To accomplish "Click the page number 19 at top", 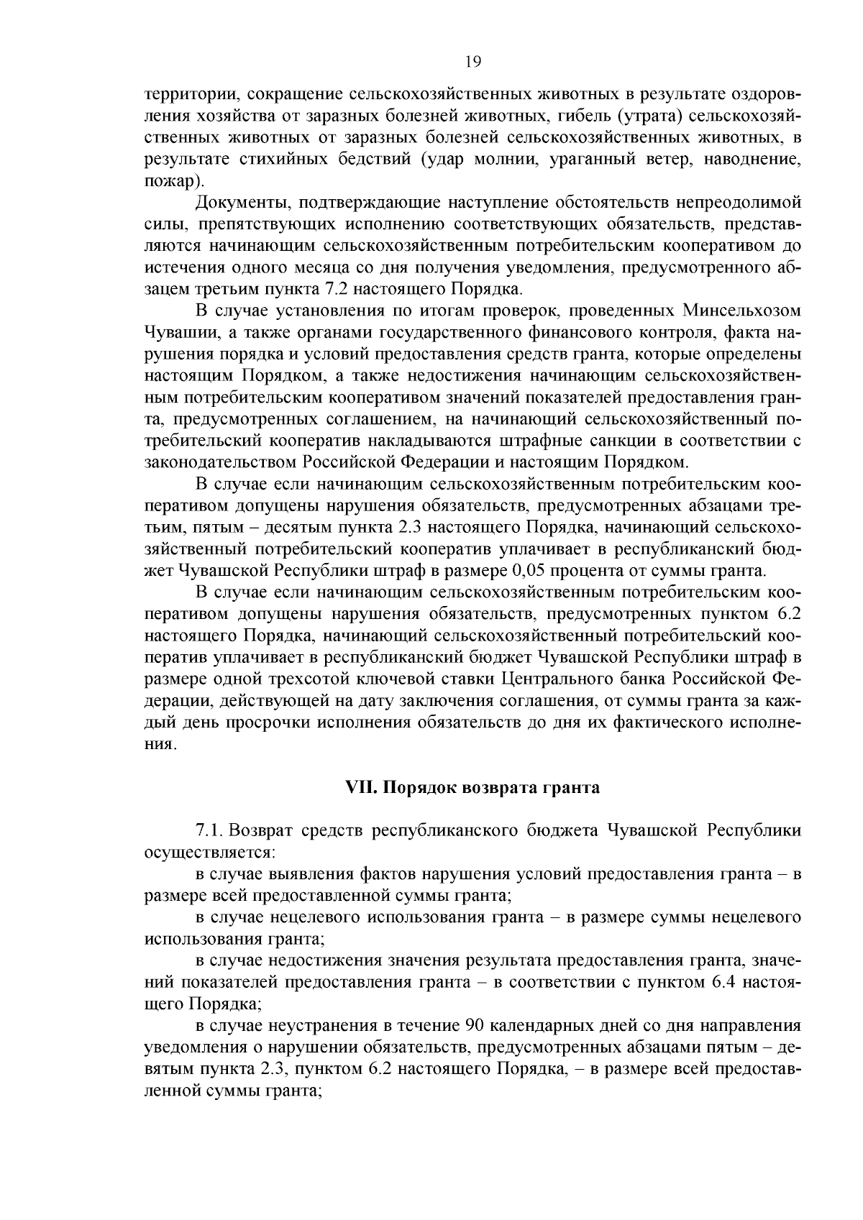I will click(x=472, y=62).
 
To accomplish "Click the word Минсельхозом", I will click(x=741, y=311).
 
